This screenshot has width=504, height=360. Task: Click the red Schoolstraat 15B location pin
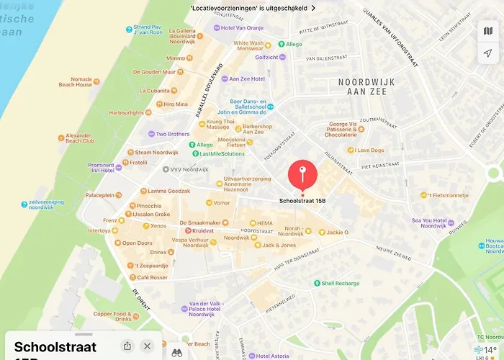tap(302, 175)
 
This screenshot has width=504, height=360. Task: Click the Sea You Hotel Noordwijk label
tap(428, 223)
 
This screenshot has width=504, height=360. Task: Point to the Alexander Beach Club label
tap(79, 138)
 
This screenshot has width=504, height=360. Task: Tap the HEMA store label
tap(264, 223)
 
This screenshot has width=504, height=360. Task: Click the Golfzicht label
tap(266, 57)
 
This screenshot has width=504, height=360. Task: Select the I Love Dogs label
tap(370, 150)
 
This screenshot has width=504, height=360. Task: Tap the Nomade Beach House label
tap(76, 81)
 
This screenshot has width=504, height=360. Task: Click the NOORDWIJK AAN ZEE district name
tap(366, 86)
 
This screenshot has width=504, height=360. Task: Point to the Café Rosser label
tap(152, 277)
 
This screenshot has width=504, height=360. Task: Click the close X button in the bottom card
tap(148, 346)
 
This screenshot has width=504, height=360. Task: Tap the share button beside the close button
tap(127, 346)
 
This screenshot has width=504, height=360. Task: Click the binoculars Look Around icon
tap(176, 352)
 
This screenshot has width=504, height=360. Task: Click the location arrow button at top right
tap(487, 53)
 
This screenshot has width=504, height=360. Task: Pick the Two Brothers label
tap(173, 134)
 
